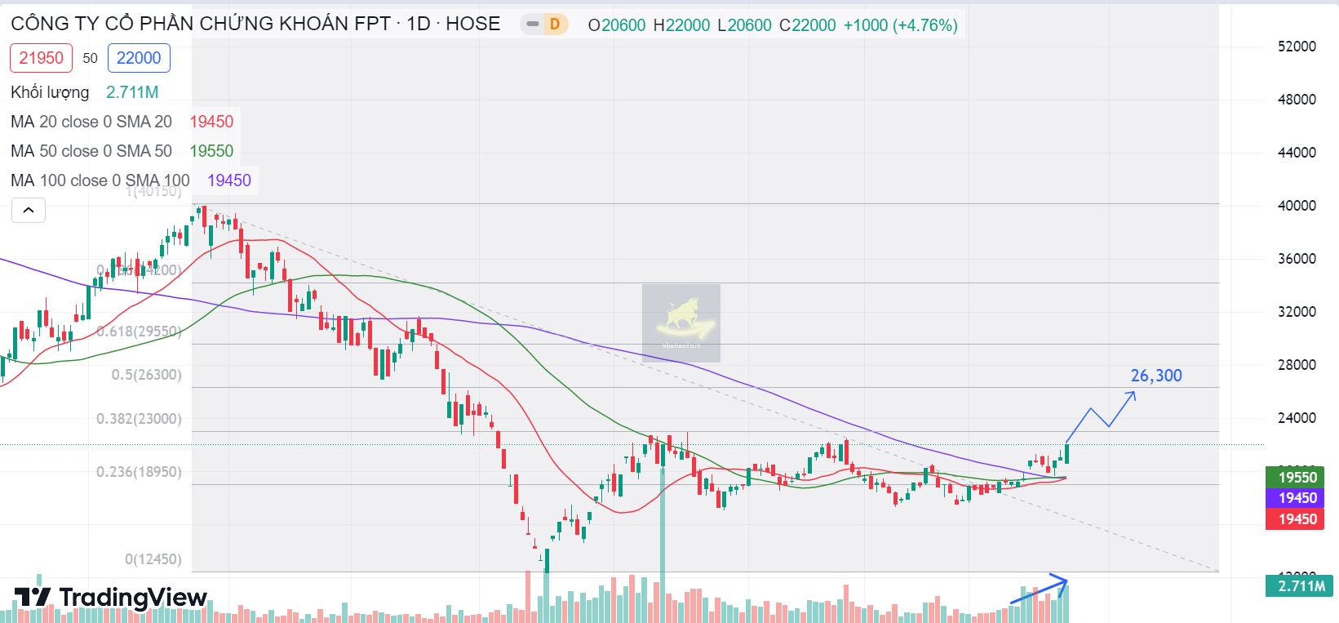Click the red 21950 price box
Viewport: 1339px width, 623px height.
(x=41, y=58)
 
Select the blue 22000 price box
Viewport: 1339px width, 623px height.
(x=139, y=58)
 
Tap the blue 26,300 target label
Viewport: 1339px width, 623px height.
(x=1155, y=376)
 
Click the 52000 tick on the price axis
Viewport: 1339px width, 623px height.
(x=1297, y=47)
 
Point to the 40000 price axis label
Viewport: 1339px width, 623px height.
(x=1297, y=206)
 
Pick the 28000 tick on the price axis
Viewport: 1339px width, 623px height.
(x=1297, y=365)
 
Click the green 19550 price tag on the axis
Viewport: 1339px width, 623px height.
(x=1297, y=478)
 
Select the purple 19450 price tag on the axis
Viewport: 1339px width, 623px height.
(x=1297, y=498)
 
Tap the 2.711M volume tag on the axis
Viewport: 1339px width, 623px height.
(x=1301, y=586)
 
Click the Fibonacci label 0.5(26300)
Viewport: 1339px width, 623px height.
(x=147, y=375)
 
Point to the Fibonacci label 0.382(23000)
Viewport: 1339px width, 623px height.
(x=139, y=419)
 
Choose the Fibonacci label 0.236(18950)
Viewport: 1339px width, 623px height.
(x=139, y=472)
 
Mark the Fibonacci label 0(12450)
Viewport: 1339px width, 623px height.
(x=153, y=559)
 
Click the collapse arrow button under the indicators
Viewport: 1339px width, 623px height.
(x=28, y=211)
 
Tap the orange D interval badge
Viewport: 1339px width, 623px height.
(x=555, y=24)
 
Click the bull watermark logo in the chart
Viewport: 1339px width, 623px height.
(x=681, y=323)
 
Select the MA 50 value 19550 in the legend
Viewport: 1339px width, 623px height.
(x=211, y=151)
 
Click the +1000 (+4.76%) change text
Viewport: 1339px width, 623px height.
(x=900, y=25)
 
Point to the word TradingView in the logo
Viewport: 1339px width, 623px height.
(x=133, y=598)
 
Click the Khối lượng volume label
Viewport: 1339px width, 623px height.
(x=50, y=92)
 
